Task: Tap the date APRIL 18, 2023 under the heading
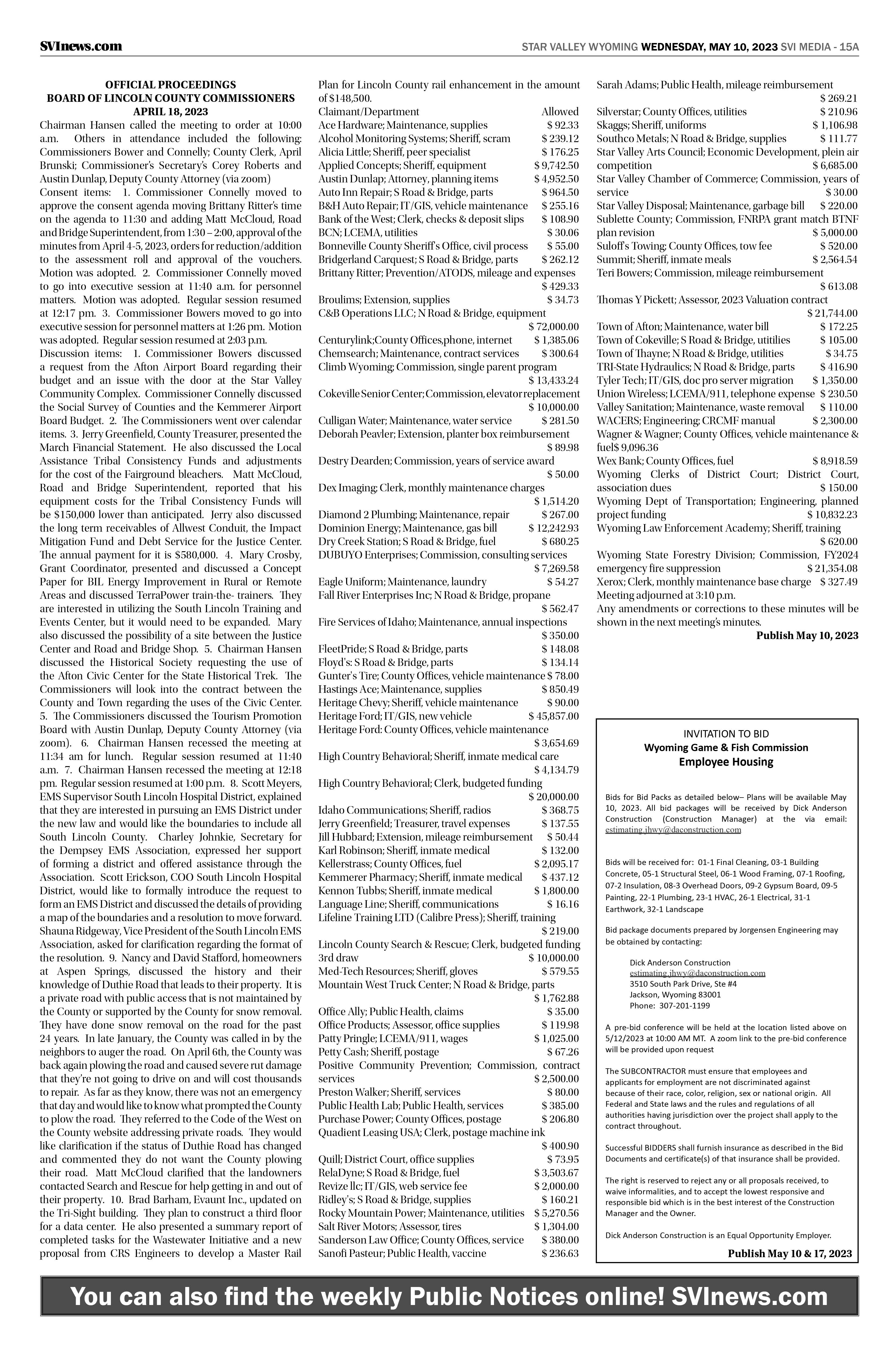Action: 170,112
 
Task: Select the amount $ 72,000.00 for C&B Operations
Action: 553,327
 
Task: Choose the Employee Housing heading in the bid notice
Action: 726,762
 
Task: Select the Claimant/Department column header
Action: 369,112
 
